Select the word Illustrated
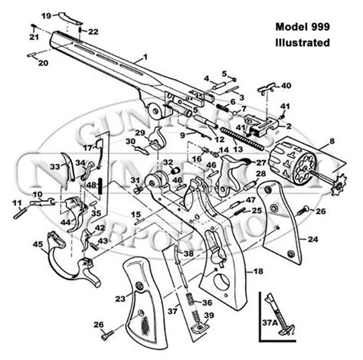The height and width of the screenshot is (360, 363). [x=304, y=42]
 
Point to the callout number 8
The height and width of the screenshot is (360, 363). [x=332, y=142]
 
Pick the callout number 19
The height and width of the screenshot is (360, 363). [x=45, y=15]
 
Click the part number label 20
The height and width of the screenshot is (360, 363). [x=43, y=62]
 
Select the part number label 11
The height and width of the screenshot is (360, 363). [x=15, y=202]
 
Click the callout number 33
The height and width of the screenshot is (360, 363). [x=55, y=166]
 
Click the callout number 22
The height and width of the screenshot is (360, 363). [x=93, y=31]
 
